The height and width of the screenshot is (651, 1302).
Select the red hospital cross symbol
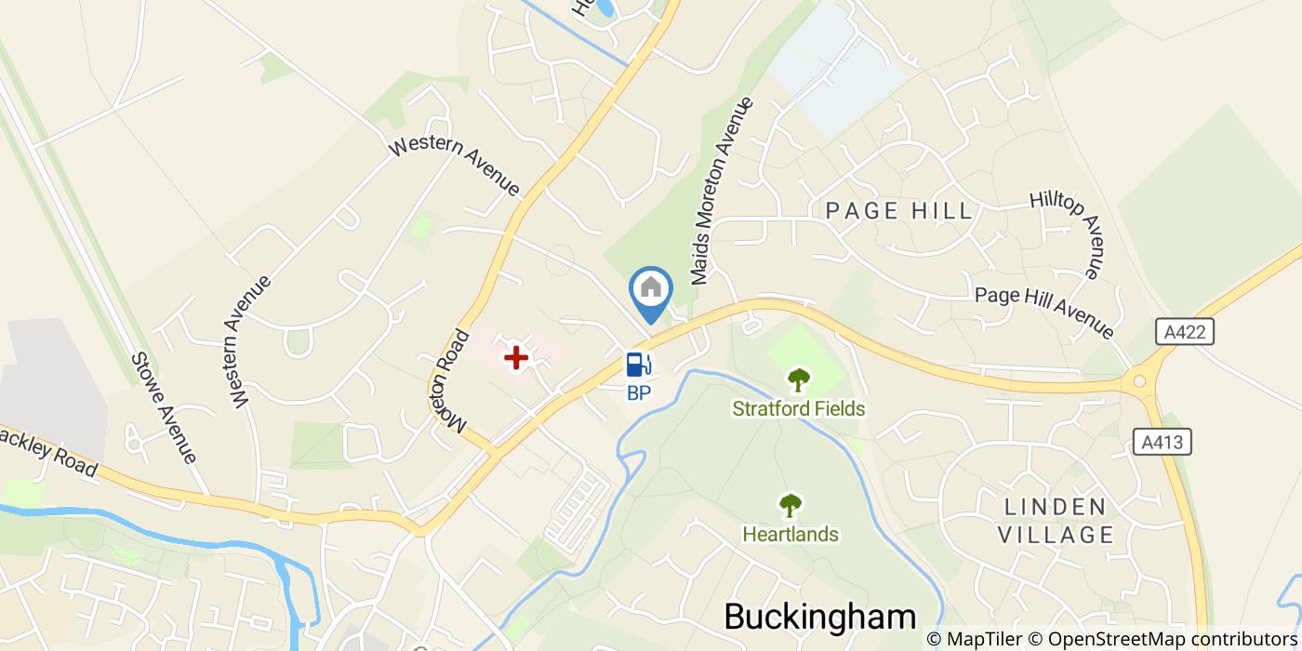(x=515, y=356)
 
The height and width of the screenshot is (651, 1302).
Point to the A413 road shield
(x=1163, y=442)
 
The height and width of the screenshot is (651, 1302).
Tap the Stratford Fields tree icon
(x=798, y=379)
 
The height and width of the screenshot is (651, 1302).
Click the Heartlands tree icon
(x=790, y=505)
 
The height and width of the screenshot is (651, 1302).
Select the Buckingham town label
(x=819, y=617)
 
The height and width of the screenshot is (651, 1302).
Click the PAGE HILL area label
(x=898, y=212)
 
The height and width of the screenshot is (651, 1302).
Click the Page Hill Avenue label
(x=1043, y=312)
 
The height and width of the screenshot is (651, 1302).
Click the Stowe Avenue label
(x=164, y=407)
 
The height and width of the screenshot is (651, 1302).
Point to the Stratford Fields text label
(x=798, y=409)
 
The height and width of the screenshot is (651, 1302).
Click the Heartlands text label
(x=790, y=535)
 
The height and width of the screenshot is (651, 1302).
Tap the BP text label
(x=638, y=392)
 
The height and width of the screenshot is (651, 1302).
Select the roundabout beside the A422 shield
(x=1136, y=380)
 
